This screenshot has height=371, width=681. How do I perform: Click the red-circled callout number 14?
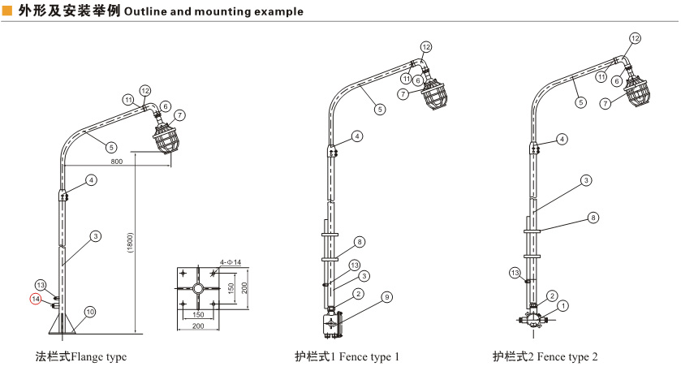point(36,299)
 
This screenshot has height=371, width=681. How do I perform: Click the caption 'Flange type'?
point(81,356)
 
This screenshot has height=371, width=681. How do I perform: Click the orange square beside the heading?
point(7,11)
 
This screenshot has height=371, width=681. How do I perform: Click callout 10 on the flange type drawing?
point(90,312)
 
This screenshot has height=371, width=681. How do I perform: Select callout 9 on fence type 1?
point(387,298)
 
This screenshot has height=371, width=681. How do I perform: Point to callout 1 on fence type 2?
point(565,306)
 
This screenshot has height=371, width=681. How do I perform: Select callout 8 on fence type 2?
point(593,218)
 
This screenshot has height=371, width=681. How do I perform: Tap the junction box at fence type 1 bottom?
point(331,322)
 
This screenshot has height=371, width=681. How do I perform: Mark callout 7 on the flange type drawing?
point(179,115)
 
